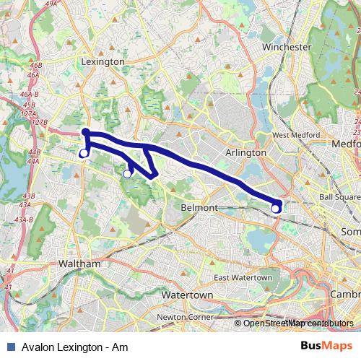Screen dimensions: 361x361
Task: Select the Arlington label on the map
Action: (x=246, y=153)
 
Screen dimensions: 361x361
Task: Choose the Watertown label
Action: (x=185, y=296)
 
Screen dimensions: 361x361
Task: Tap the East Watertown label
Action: (x=243, y=278)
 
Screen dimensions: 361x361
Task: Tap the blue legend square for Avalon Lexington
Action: (x=9, y=347)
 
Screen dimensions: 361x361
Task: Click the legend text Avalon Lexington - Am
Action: (x=70, y=347)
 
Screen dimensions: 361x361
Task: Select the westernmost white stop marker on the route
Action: (x=83, y=153)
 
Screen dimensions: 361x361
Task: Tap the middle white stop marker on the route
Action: (x=127, y=173)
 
